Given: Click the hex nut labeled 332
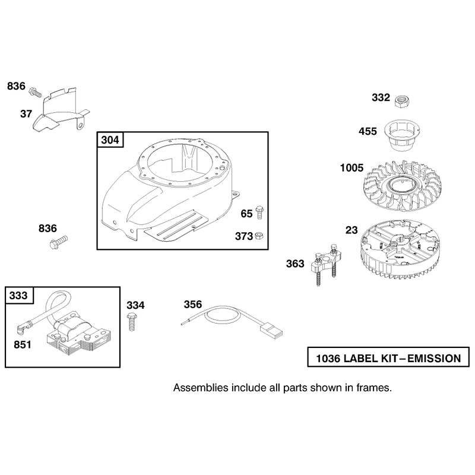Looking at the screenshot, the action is point(403,100).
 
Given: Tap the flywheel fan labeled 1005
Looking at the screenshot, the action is point(402,186).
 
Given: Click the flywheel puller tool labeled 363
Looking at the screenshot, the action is point(325,263).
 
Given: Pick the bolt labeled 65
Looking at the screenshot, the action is point(259,212).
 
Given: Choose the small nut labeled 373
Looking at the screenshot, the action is point(259,236).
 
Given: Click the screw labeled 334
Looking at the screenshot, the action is point(132,321).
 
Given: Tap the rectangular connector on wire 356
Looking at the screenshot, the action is point(271,331).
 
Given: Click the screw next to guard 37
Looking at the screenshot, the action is point(35,92).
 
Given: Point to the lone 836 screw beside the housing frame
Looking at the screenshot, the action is point(58,242).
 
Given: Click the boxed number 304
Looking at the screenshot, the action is point(110,140).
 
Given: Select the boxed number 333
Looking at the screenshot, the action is point(18,295).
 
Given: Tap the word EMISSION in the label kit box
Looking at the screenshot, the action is point(434,359).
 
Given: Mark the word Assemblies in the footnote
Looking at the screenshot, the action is point(201,388).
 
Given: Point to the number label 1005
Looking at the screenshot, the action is point(351,168).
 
